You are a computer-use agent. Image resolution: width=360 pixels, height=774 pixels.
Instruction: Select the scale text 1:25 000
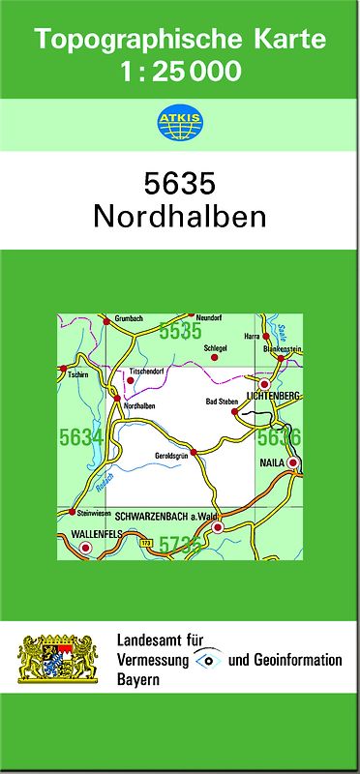[x=179, y=71]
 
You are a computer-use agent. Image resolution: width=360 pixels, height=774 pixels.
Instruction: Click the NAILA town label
[x=272, y=463]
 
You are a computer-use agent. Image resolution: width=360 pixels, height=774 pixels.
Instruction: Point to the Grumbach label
[x=129, y=318]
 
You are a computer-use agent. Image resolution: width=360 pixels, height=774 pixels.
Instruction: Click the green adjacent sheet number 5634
[x=80, y=438]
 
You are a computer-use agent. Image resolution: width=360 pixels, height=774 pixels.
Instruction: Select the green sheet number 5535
[x=180, y=332]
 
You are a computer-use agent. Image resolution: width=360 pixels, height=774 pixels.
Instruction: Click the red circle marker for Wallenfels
[x=85, y=549]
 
